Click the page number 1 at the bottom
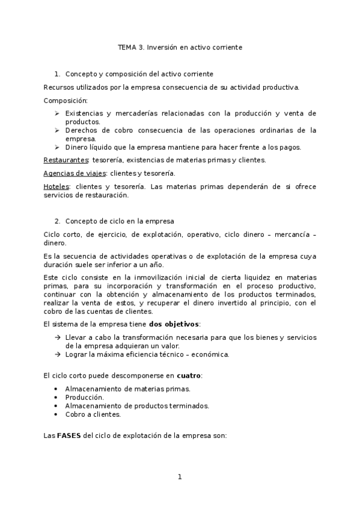(x=179, y=477)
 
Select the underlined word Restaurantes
(x=66, y=159)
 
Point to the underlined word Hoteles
(x=56, y=186)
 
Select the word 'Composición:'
(x=66, y=100)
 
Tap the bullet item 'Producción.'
(x=84, y=398)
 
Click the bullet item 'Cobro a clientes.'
(x=93, y=414)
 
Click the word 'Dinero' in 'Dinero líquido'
(x=77, y=147)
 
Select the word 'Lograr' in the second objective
(x=76, y=354)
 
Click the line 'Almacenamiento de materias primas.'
(x=127, y=389)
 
